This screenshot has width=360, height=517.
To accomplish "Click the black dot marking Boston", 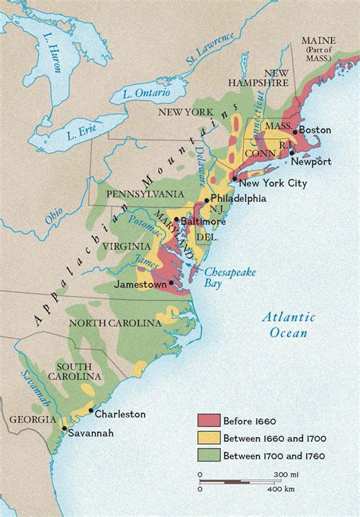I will tap(295, 131).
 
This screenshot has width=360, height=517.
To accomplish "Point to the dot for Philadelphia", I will tap(204, 199).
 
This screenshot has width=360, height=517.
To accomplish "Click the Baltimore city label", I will tap(204, 221).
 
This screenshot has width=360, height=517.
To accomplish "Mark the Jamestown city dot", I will tap(172, 283).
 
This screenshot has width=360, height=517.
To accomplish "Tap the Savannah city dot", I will tap(64, 429).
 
